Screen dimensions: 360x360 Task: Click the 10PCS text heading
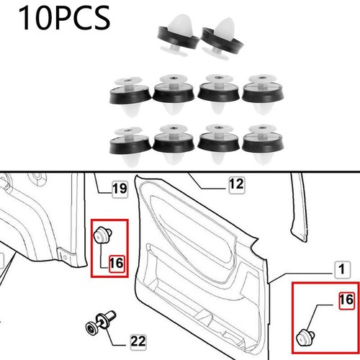point(64,18)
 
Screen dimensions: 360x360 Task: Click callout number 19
point(120,189)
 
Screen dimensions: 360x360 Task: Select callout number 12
point(237,184)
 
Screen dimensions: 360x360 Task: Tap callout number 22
point(138,341)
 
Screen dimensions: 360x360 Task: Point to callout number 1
point(343,270)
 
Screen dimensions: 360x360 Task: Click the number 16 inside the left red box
point(117,264)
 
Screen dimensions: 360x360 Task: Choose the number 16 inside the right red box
point(346,300)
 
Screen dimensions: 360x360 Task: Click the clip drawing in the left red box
point(102,235)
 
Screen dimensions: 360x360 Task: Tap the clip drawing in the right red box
point(305,337)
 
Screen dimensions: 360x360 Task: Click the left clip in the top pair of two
point(178,35)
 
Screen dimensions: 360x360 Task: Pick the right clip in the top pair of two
point(222,38)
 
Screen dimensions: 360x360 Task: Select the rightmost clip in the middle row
point(263,95)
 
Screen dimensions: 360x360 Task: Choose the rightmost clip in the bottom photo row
point(263,145)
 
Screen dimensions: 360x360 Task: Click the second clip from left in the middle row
point(174,94)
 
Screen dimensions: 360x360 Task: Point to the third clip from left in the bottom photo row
point(218,144)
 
